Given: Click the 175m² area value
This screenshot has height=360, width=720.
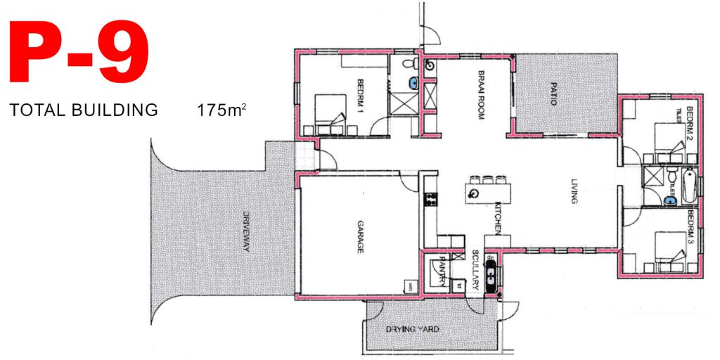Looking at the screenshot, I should point(223,110).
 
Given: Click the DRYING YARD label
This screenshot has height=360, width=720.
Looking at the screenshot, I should point(412,329).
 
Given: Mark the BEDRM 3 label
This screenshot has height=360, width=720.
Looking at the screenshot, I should point(691,226).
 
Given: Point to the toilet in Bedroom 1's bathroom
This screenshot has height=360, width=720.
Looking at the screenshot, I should point(411,65).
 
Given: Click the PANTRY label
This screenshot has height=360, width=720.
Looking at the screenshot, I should point(443,270).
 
